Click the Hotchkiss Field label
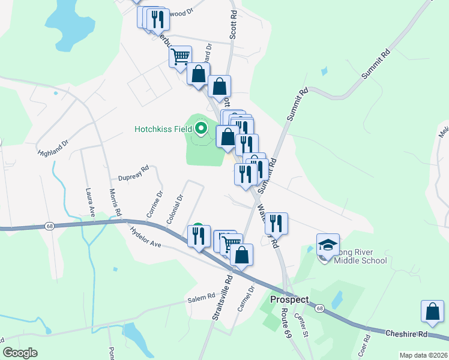163,128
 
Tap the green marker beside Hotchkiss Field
202,128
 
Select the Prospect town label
289,299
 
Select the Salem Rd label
201,298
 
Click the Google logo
20,353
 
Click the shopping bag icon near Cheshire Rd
432,311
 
